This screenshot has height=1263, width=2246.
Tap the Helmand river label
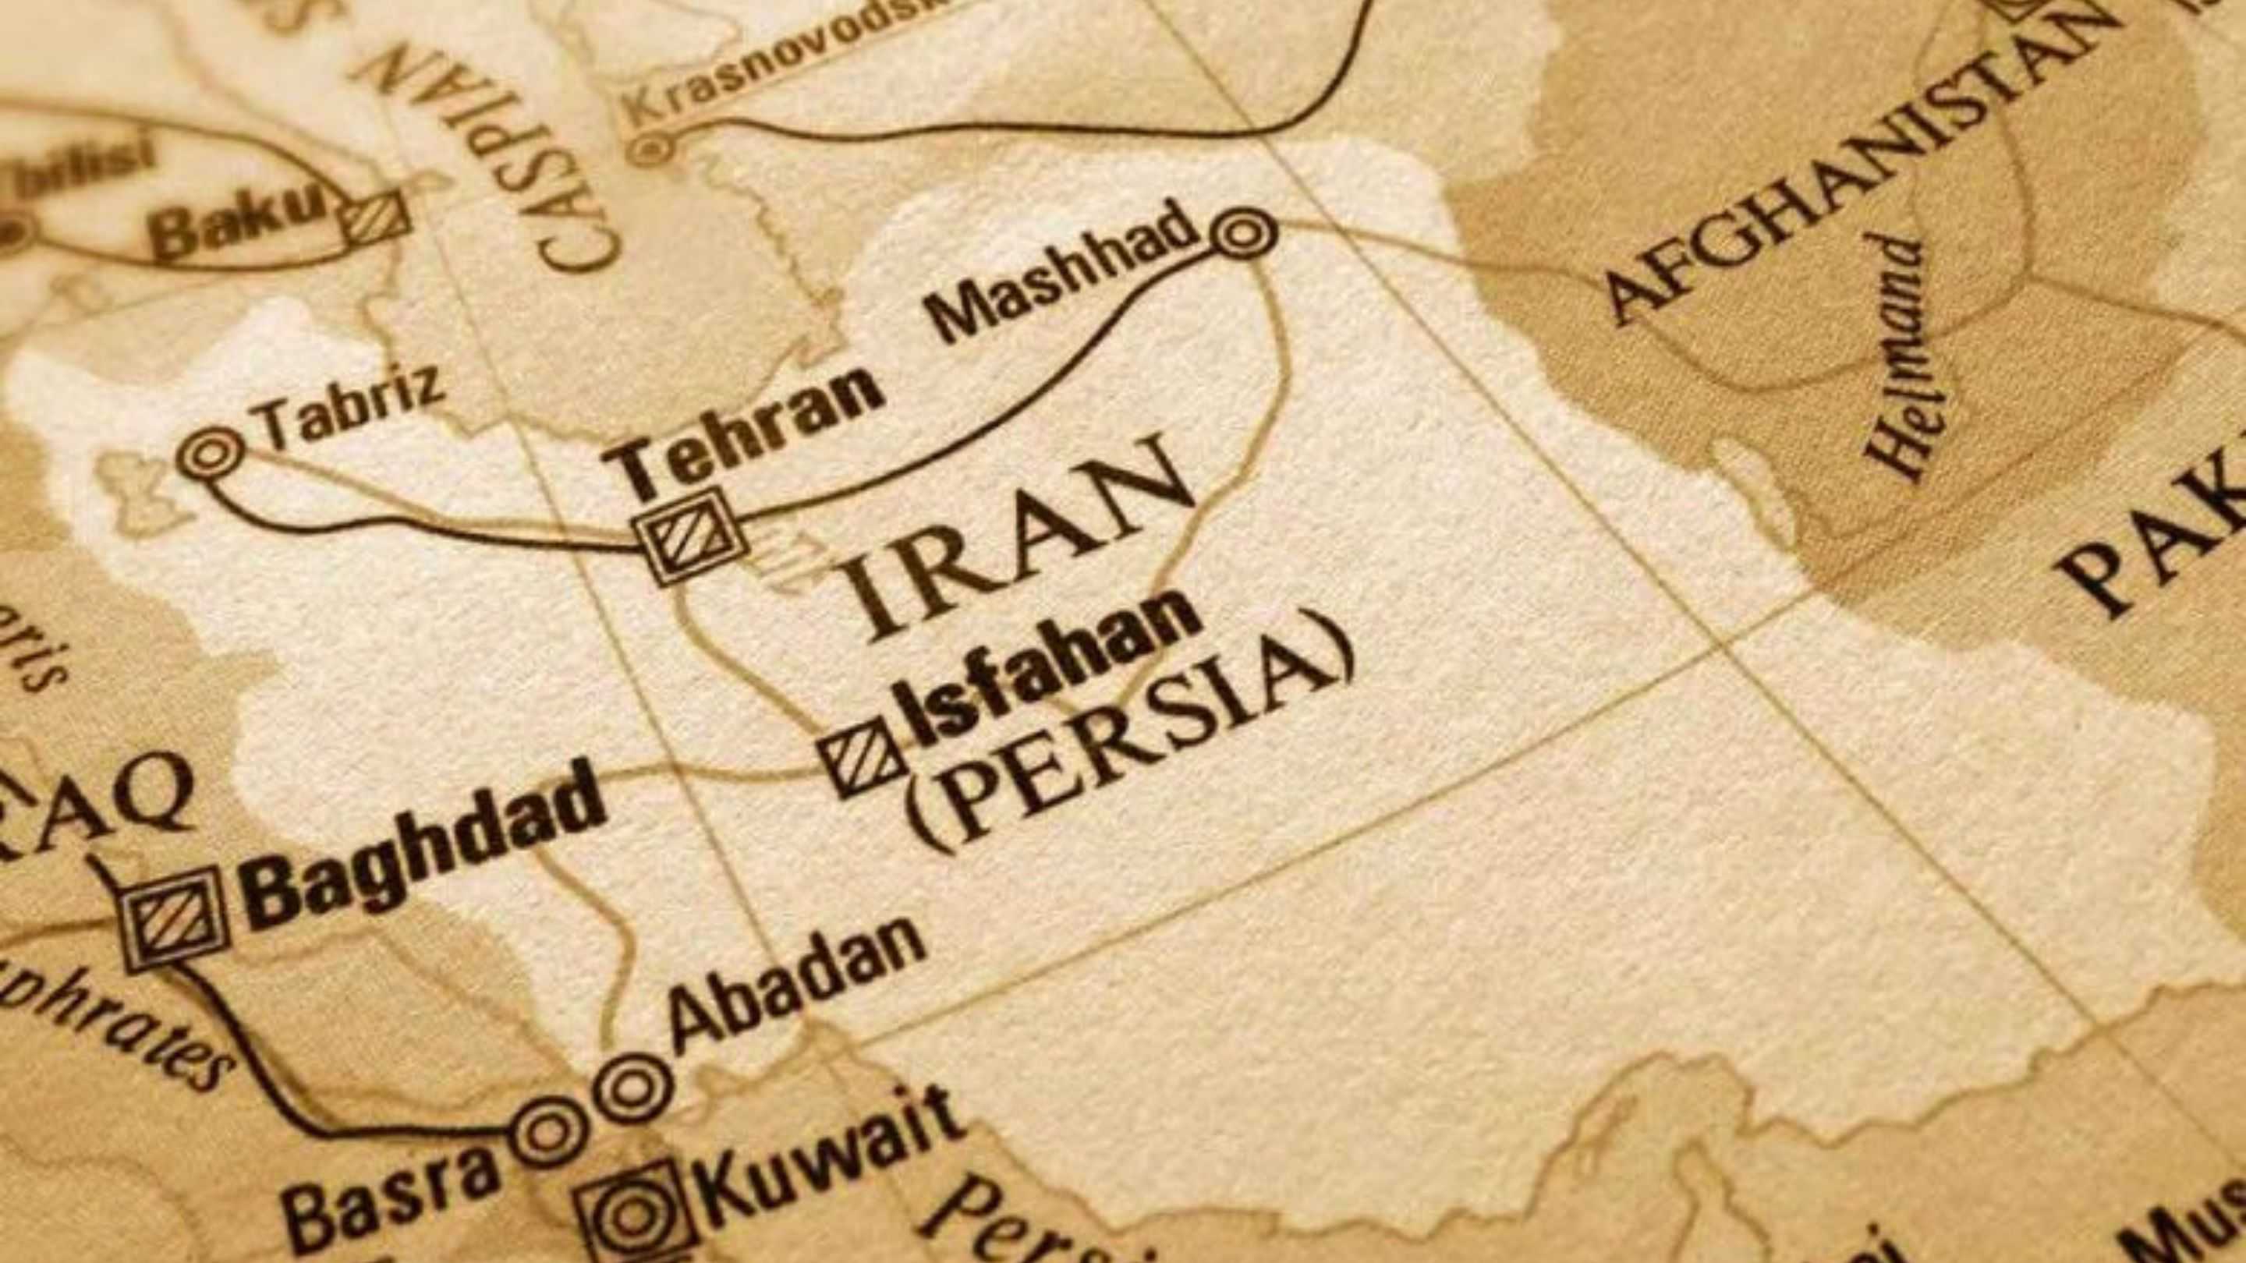click(1901, 357)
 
